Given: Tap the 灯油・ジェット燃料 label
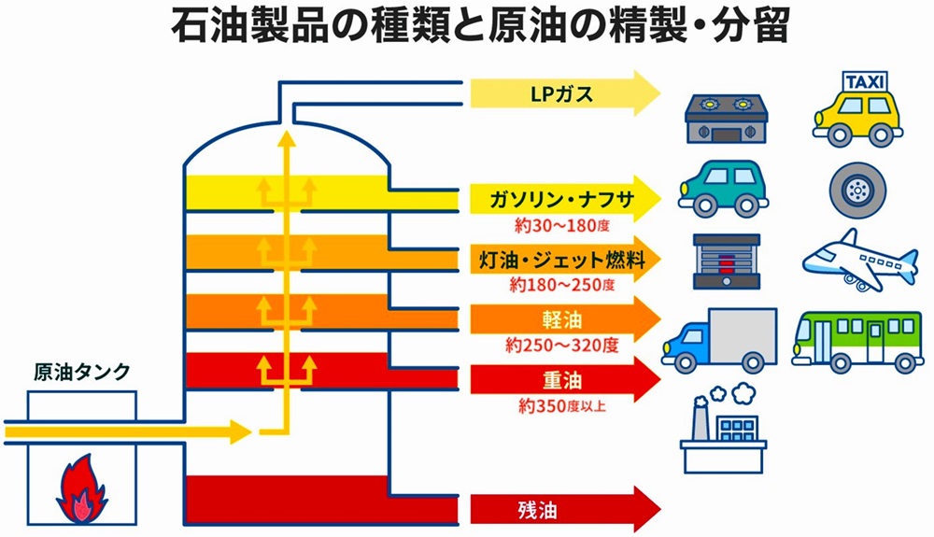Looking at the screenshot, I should coord(558,260).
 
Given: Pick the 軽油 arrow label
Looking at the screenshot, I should coord(562,320).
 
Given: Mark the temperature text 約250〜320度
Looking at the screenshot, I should coord(562,346).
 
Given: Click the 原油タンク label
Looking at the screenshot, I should coord(81,373).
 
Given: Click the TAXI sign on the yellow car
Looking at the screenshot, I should coord(865,83).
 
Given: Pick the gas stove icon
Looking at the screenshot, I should coord(726,119).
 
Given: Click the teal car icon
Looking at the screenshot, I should coord(724,187).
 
